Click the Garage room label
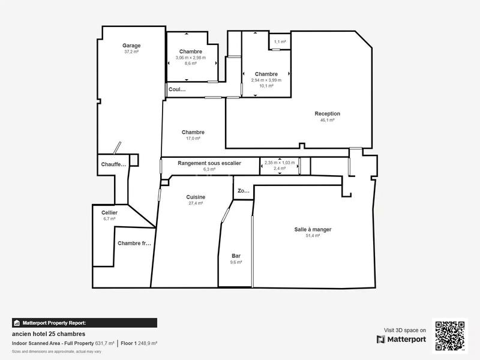[x=131, y=46]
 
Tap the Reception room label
[x=327, y=113]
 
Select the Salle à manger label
[x=313, y=229]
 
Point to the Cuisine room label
[x=196, y=197]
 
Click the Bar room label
[x=236, y=256]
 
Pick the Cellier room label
[x=109, y=212]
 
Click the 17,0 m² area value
[x=193, y=139]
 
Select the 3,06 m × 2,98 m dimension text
[x=190, y=58]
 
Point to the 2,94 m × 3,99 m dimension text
[x=266, y=80]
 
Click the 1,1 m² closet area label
[x=280, y=42]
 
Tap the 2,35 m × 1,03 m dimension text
[x=280, y=162]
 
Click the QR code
[x=449, y=335]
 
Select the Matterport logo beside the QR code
[x=401, y=339]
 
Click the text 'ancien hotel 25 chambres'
[x=49, y=334]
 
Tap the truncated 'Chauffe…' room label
[x=113, y=164]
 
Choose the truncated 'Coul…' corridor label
[x=176, y=89]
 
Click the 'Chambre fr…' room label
[x=134, y=243]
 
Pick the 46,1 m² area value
[x=327, y=120]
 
